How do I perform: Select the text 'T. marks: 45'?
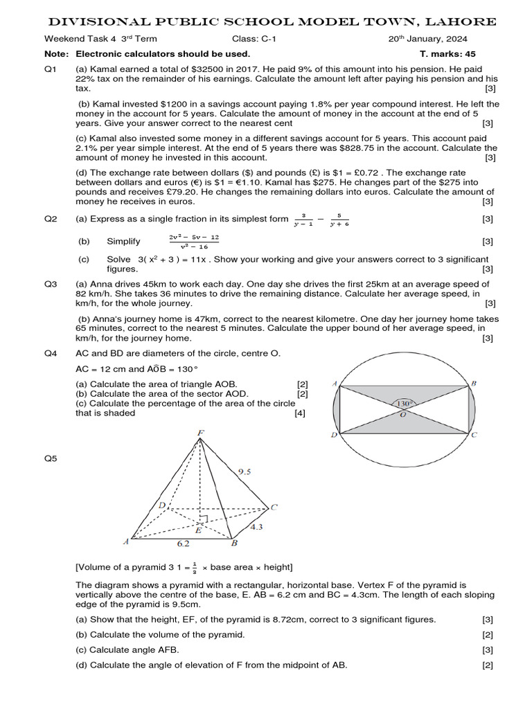(x=447, y=53)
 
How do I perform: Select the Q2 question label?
(x=51, y=219)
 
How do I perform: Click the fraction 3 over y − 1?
(x=303, y=219)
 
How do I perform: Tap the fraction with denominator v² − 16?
(x=194, y=242)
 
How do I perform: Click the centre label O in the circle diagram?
(x=402, y=414)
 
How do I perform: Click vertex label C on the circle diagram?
(x=475, y=436)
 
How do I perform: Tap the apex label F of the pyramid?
(x=200, y=434)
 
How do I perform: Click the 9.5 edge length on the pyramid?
(x=245, y=472)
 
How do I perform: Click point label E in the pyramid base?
(x=198, y=530)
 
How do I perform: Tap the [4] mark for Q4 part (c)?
(x=299, y=413)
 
